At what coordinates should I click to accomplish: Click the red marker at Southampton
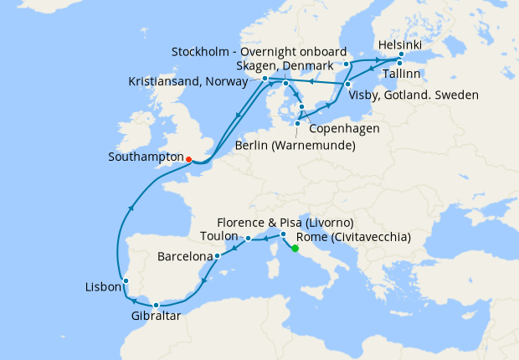(x=188, y=158)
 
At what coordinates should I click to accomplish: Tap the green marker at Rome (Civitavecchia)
(x=295, y=248)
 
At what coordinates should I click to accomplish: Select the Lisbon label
(x=102, y=286)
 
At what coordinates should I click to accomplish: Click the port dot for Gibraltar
(x=156, y=305)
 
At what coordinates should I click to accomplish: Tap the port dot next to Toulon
(x=249, y=239)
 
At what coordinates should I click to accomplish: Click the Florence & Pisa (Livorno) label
(x=285, y=223)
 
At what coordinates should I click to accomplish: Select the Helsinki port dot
(x=401, y=55)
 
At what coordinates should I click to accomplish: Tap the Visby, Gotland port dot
(x=347, y=84)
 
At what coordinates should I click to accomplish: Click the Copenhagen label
(x=344, y=128)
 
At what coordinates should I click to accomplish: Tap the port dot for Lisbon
(x=125, y=280)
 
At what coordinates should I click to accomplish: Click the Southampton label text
(x=145, y=157)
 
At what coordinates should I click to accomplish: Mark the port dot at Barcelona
(x=217, y=255)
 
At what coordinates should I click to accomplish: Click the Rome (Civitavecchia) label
(x=357, y=237)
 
